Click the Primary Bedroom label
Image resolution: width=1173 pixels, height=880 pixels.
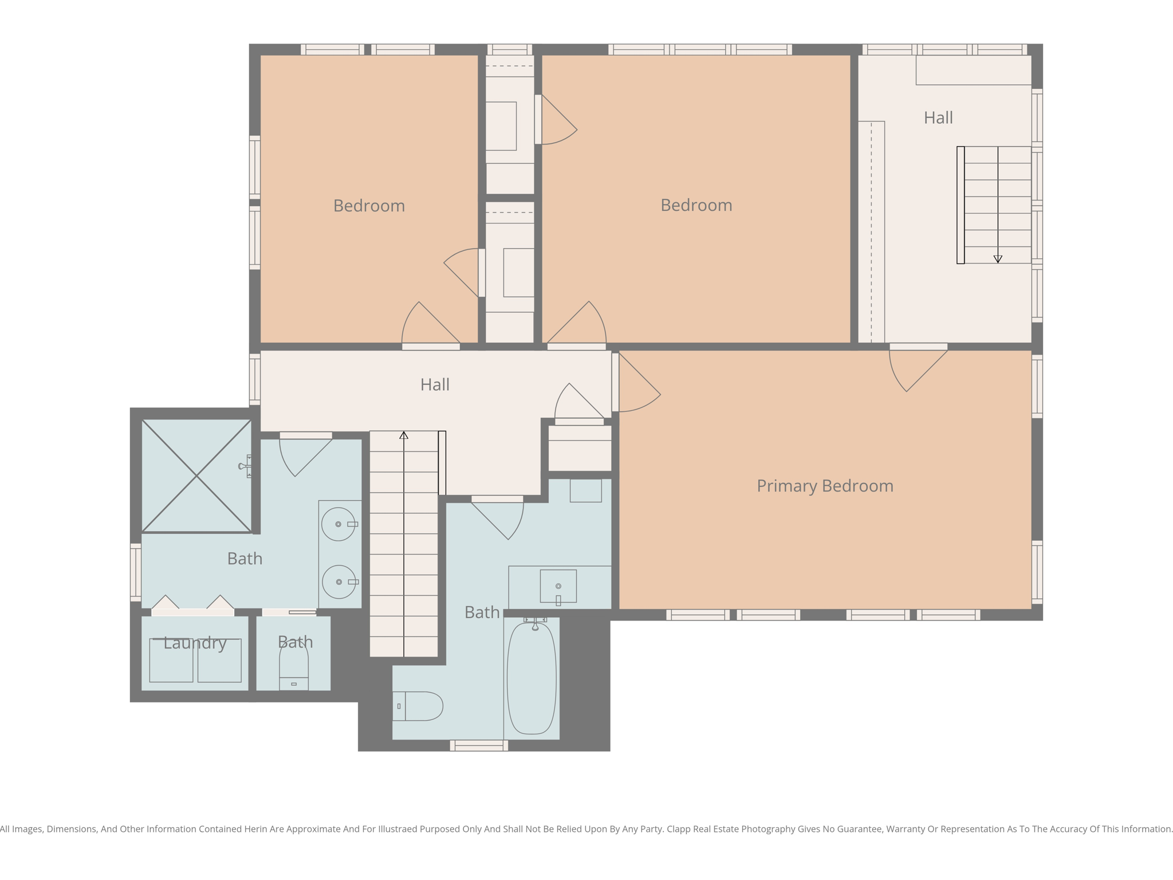[825, 486]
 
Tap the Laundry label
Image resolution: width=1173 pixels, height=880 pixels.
[195, 643]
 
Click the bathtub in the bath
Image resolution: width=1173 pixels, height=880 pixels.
[532, 678]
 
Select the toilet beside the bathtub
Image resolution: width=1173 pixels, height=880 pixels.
[419, 706]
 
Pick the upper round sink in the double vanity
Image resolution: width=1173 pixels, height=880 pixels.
[338, 524]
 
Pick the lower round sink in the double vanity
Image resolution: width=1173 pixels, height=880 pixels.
[338, 582]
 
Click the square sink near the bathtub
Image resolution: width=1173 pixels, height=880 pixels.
[558, 586]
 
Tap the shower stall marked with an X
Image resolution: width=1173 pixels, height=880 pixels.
[196, 476]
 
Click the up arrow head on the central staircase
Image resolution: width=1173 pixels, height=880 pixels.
[404, 435]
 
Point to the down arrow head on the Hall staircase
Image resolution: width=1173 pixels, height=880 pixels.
[998, 259]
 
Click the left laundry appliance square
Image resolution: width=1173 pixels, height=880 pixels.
[171, 661]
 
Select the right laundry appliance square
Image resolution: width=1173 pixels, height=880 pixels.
[219, 661]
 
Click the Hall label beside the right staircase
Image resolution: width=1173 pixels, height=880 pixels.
[938, 118]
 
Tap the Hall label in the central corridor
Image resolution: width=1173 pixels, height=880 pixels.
[435, 384]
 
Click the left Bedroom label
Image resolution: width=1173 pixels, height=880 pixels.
[369, 206]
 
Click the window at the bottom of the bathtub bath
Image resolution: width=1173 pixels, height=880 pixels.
[479, 745]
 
